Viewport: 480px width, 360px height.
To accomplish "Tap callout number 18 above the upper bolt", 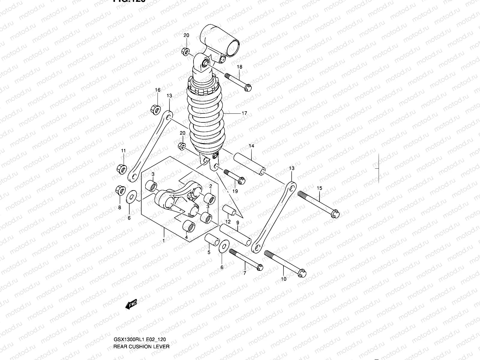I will click(x=240, y=67).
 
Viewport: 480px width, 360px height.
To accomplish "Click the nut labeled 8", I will click(x=119, y=190).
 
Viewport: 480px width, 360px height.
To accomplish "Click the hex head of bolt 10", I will click(x=302, y=274).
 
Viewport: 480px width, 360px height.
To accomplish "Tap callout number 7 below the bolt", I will click(x=244, y=273).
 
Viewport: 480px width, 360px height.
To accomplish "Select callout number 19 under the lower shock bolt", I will click(x=235, y=191).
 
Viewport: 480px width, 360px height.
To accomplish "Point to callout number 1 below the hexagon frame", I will click(x=163, y=240).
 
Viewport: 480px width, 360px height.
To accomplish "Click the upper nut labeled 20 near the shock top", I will click(x=185, y=51).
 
